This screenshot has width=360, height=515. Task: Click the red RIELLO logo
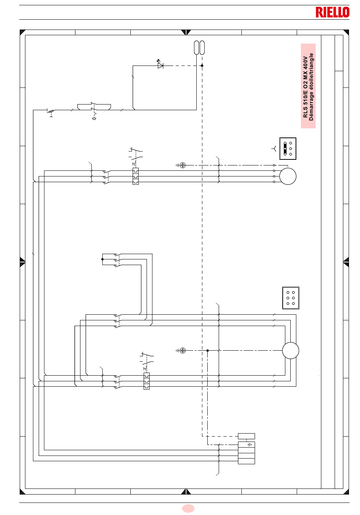[332, 12]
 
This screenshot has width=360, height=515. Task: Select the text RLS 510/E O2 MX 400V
[305, 87]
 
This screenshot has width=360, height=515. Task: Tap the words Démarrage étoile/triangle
[311, 87]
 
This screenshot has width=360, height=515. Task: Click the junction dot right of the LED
[202, 66]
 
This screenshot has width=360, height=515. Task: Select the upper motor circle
[288, 176]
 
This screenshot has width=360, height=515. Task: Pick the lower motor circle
[290, 350]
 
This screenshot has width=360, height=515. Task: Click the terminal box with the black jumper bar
[288, 148]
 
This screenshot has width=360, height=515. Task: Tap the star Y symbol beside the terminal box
[274, 148]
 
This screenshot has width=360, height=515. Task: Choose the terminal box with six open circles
[291, 298]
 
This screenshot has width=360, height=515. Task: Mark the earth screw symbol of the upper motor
[182, 165]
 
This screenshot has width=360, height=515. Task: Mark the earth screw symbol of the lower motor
[182, 350]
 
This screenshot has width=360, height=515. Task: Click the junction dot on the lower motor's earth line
[208, 350]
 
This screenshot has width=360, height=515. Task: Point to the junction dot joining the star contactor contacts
[102, 259]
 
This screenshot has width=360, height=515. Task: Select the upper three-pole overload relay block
[136, 176]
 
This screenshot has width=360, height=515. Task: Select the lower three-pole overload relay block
[147, 381]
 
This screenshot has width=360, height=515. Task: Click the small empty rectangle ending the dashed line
[246, 436]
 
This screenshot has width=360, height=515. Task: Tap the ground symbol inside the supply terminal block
[250, 445]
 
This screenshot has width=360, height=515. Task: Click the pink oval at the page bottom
[188, 508]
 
